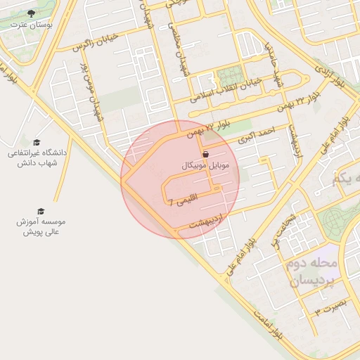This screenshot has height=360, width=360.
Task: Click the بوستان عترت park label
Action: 29,24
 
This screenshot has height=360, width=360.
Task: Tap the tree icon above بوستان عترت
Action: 29,13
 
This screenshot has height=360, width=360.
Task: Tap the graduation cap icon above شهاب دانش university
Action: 37,142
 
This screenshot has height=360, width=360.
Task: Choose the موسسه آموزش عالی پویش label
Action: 40,226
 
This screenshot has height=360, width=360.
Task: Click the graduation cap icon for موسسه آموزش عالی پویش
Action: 40,211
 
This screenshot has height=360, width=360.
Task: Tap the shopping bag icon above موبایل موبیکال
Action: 205,154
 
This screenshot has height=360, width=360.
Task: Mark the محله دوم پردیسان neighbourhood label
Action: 312,272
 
